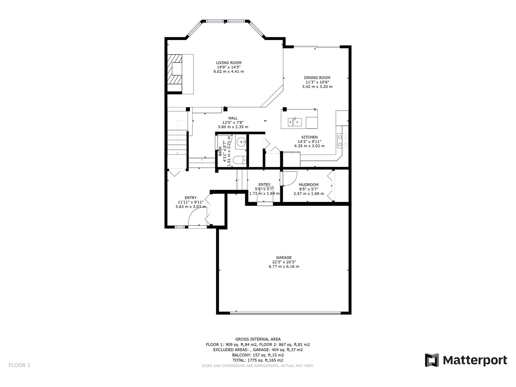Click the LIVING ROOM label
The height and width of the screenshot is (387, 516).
229,63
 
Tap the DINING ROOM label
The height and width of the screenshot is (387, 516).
317,77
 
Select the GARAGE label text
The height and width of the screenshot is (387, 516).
284,258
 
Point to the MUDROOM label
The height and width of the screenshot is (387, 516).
309,185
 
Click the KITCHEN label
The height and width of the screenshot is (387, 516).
309,137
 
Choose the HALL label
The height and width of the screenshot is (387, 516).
233,118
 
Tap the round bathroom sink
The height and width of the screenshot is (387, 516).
241,142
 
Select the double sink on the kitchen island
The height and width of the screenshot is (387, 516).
295,122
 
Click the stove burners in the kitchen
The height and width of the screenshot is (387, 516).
342,141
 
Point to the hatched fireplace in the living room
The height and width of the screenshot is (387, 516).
174,73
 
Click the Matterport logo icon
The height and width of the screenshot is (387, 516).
432,360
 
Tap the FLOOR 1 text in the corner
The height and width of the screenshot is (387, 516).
19,365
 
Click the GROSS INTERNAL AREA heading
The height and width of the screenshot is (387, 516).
258,339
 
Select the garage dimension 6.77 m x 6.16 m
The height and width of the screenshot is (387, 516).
284,266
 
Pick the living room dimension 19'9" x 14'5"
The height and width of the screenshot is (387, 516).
229,67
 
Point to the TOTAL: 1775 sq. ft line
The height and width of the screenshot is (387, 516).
258,360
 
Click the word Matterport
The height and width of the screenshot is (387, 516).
475,360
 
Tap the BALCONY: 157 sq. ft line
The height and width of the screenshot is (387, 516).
258,355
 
